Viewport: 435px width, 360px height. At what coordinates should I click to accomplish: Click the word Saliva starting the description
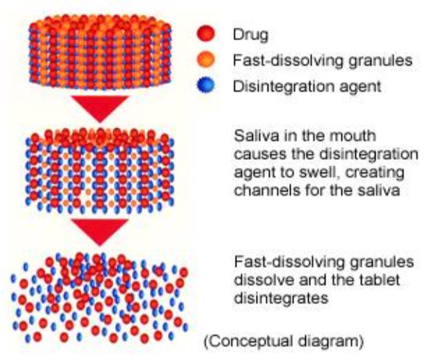pos(252,138)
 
